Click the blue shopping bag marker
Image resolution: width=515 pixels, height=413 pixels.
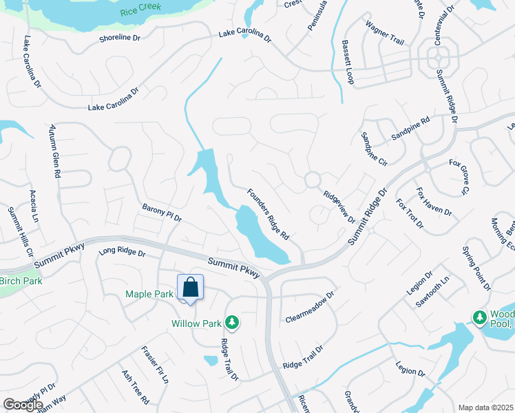click(x=191, y=288)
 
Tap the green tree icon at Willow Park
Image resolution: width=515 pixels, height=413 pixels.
click(x=233, y=321)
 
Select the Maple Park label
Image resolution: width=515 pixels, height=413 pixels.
click(x=149, y=295)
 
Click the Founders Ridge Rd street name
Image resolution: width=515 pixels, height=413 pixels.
click(x=267, y=214)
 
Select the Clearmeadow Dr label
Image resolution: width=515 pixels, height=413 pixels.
click(x=309, y=307)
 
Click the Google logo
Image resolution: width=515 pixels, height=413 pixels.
click(x=23, y=405)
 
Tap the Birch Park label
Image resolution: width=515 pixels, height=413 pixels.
click(x=21, y=281)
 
